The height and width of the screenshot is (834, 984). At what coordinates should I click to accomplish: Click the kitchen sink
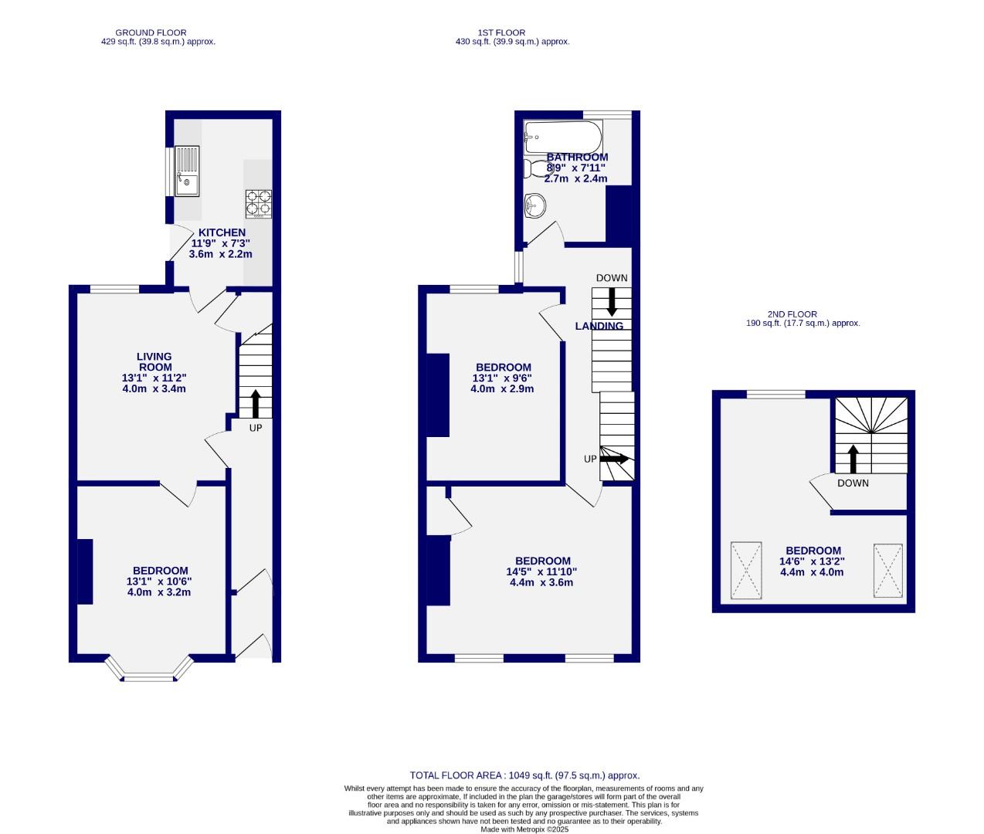point(187,171)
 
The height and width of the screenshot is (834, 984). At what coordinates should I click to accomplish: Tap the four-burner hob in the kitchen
point(259,204)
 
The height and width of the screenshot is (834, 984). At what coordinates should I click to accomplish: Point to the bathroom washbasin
point(535,205)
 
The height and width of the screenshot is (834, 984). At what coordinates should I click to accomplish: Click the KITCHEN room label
point(222,232)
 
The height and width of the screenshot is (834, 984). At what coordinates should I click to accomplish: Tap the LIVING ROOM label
point(154,361)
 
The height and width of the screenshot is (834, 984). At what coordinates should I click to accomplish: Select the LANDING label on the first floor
point(599,326)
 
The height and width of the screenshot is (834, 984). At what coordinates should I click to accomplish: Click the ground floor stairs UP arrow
point(255,404)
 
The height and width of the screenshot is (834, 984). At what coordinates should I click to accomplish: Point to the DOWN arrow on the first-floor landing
point(612,300)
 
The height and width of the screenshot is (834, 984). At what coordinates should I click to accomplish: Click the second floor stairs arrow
point(853,458)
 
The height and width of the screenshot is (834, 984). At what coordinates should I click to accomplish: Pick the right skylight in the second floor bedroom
point(887,570)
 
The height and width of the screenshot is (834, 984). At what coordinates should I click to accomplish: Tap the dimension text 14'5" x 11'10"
point(536,572)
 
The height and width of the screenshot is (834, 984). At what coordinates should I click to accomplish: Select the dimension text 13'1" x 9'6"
point(502,378)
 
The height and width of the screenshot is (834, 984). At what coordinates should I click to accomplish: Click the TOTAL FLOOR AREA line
point(524,775)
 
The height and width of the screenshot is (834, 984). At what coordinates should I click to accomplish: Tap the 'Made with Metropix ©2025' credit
point(524,830)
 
